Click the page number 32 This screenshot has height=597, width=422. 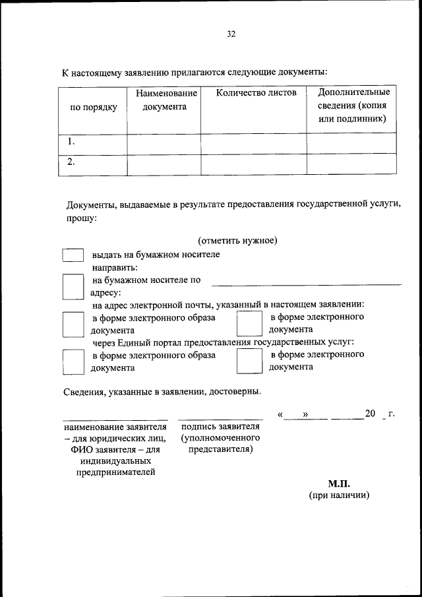[x=231, y=34]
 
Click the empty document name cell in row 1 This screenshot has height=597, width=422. [x=164, y=142]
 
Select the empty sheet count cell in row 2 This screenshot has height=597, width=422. [x=253, y=164]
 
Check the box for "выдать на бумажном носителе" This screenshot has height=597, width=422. [x=73, y=255]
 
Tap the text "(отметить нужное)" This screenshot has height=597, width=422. [x=237, y=240]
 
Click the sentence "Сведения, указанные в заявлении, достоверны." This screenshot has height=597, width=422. [x=162, y=391]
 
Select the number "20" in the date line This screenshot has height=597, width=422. [x=370, y=414]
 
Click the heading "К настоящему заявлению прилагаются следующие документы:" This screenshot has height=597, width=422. [x=195, y=71]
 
